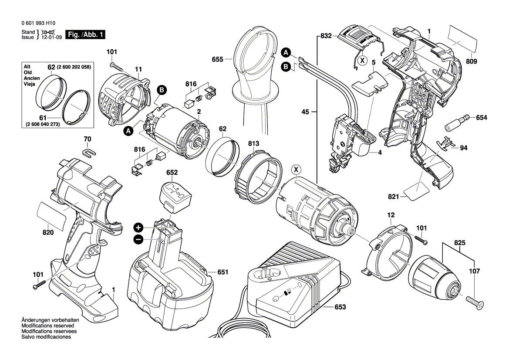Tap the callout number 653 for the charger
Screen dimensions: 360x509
(x=340, y=307)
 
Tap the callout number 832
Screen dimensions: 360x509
(x=326, y=36)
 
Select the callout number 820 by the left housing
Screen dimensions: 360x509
(x=48, y=233)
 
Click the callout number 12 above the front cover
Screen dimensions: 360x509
(x=391, y=215)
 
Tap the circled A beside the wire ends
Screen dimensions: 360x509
(x=286, y=53)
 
